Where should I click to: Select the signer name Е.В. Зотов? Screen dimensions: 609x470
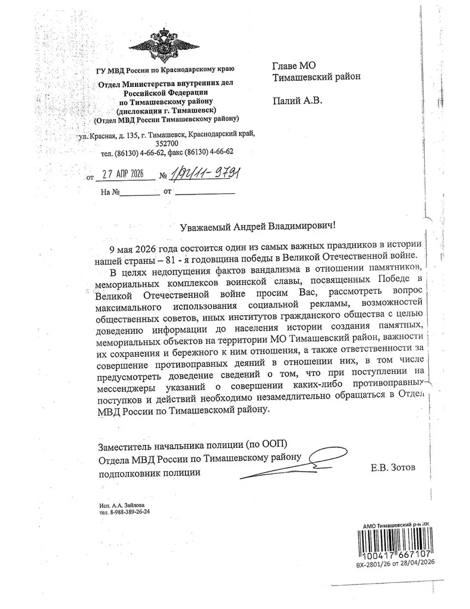[x=393, y=468]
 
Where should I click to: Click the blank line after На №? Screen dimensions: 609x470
[x=141, y=193]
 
